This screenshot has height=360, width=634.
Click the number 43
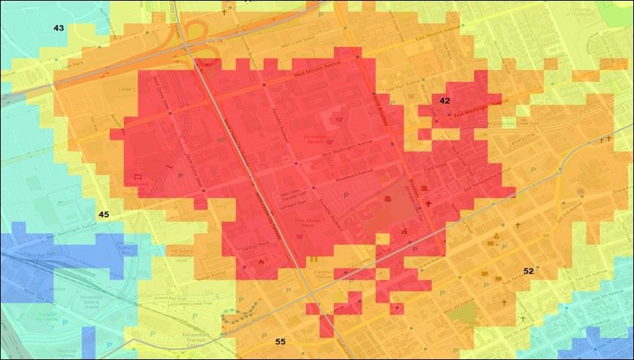pos(59,28)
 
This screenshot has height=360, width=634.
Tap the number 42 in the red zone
pos(444,100)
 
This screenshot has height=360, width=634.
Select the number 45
pos(103,214)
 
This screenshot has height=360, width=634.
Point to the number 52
pos(529,271)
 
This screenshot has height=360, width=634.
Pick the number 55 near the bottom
pos(280,342)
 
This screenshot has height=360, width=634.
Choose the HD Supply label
pos(180,253)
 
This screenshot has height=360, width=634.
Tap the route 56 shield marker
pos(545,235)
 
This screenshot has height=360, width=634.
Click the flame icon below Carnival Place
pos(261,261)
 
